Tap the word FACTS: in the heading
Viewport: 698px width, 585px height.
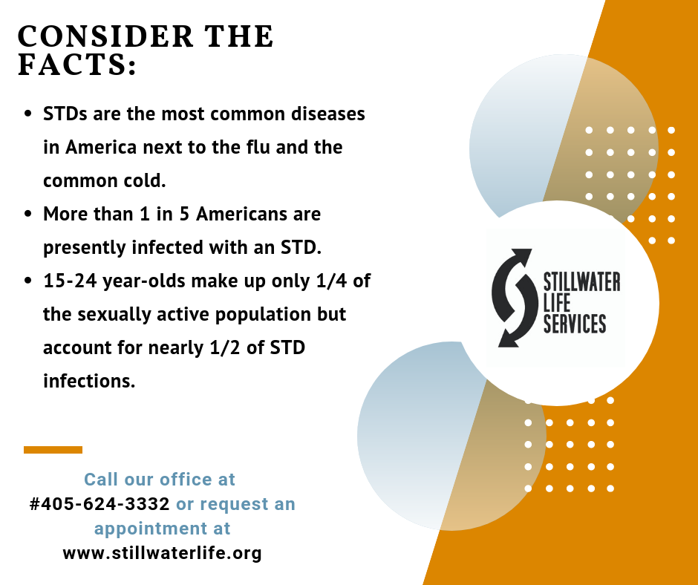coord(76,64)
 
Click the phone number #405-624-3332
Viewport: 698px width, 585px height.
coord(100,504)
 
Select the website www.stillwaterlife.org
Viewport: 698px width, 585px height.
coord(162,553)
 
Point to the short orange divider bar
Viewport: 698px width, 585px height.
coord(53,450)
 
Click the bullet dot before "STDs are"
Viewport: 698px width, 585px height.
coord(28,114)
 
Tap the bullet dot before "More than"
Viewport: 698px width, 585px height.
coord(28,214)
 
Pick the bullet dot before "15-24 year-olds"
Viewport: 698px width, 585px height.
coord(28,281)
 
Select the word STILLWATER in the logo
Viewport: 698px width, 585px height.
coord(582,282)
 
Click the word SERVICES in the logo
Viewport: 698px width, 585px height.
coord(575,323)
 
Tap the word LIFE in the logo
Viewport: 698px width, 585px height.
coord(557,303)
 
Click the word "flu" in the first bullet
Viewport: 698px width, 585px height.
coord(258,147)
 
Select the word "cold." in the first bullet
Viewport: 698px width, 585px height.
coord(145,180)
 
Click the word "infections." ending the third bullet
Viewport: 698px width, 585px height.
coord(89,381)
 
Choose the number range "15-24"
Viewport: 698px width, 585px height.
coord(70,281)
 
